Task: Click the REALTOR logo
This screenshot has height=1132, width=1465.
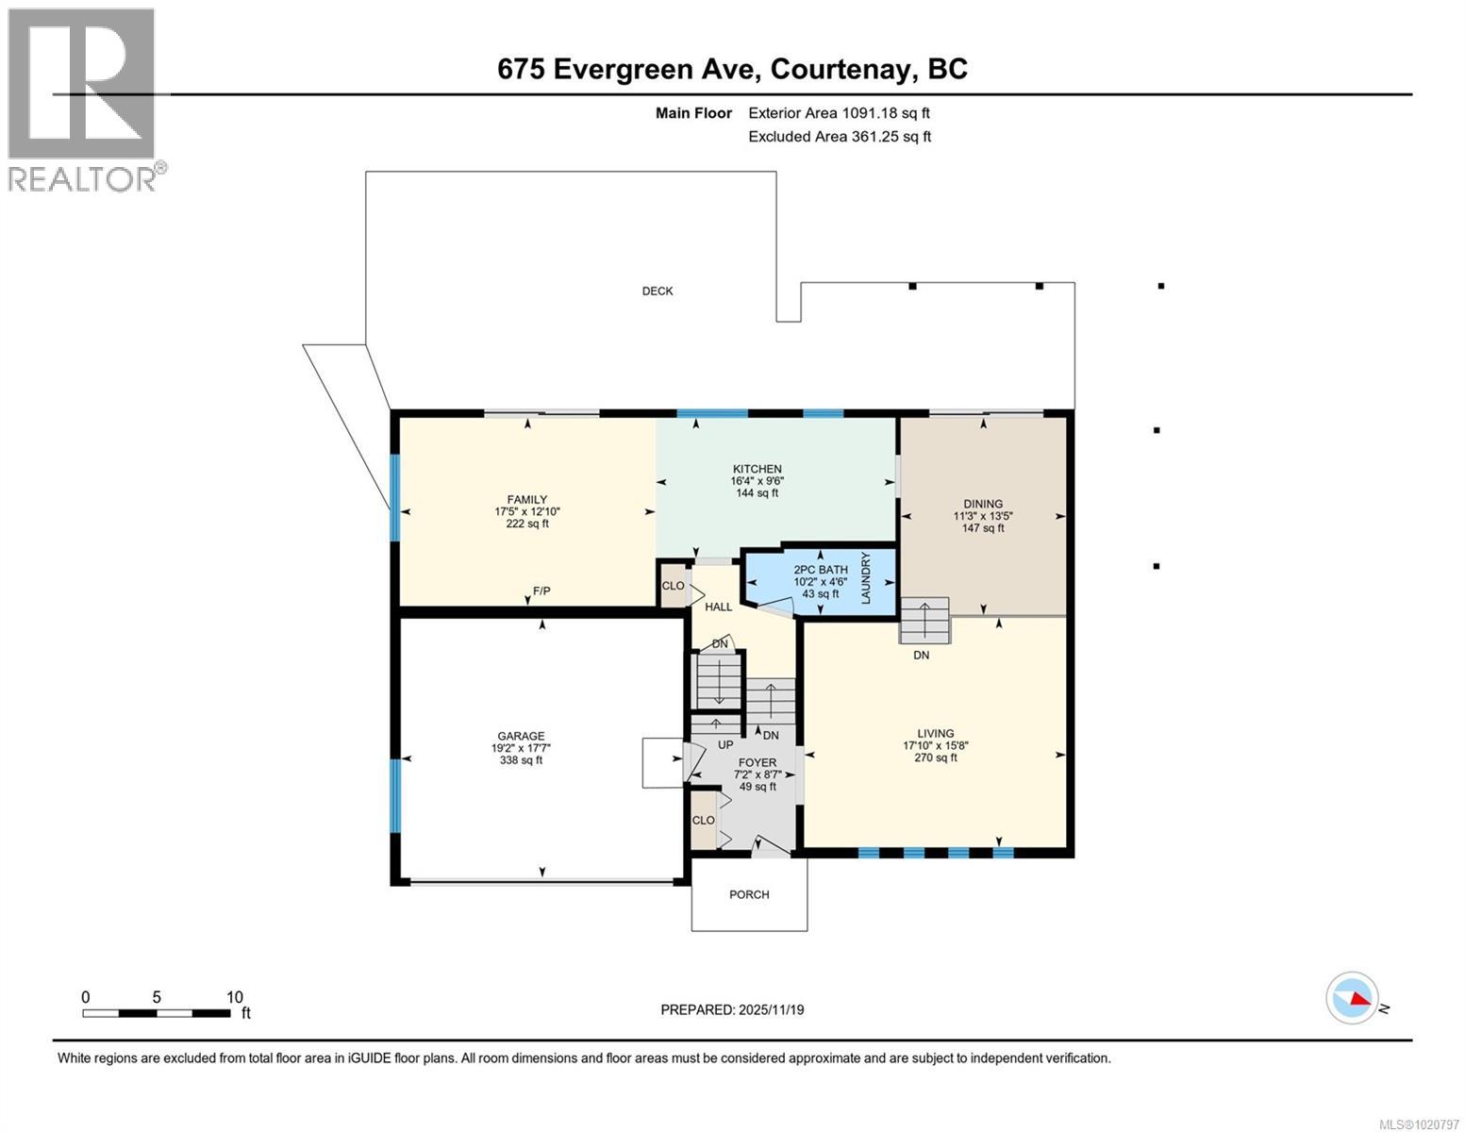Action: point(86,99)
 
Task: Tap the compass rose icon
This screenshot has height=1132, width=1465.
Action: point(1352,998)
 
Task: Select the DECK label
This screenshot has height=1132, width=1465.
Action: point(658,291)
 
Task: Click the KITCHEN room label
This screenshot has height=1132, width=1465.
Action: point(757,469)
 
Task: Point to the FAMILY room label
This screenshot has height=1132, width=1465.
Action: point(527,500)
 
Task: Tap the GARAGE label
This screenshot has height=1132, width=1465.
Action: point(521,737)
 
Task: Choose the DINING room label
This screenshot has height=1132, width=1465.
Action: point(983,504)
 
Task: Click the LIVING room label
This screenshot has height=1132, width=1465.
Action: point(936,733)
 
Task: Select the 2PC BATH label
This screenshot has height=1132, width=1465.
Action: point(820,570)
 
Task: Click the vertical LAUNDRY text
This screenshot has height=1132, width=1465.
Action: point(866,578)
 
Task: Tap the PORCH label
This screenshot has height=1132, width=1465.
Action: point(749,894)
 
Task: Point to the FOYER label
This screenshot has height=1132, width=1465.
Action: point(757,762)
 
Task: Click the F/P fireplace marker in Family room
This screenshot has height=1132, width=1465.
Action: point(541,591)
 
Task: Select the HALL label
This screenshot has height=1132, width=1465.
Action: point(719,607)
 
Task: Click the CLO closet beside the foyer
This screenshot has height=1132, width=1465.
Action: point(704,820)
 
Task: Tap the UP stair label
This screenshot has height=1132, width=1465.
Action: point(725,744)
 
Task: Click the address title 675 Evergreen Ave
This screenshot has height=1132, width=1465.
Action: point(732,69)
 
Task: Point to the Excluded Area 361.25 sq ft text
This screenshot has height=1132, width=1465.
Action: point(840,137)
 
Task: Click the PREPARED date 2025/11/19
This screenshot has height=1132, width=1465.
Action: point(732,1009)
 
